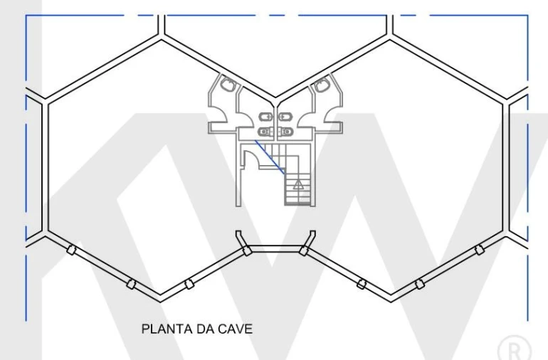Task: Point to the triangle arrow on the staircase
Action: pyautogui.click(x=297, y=184)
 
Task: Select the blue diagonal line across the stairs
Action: pyautogui.click(x=271, y=158)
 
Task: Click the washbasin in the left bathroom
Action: pyautogui.click(x=228, y=86)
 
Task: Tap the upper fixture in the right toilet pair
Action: pyautogui.click(x=286, y=117)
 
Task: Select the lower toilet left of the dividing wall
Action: pyautogui.click(x=265, y=132)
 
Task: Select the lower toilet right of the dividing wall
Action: pyautogui.click(x=287, y=132)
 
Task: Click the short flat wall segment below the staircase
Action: pyautogui.click(x=275, y=250)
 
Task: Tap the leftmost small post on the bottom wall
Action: pyautogui.click(x=70, y=250)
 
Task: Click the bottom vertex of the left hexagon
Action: pyautogui.click(x=161, y=296)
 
